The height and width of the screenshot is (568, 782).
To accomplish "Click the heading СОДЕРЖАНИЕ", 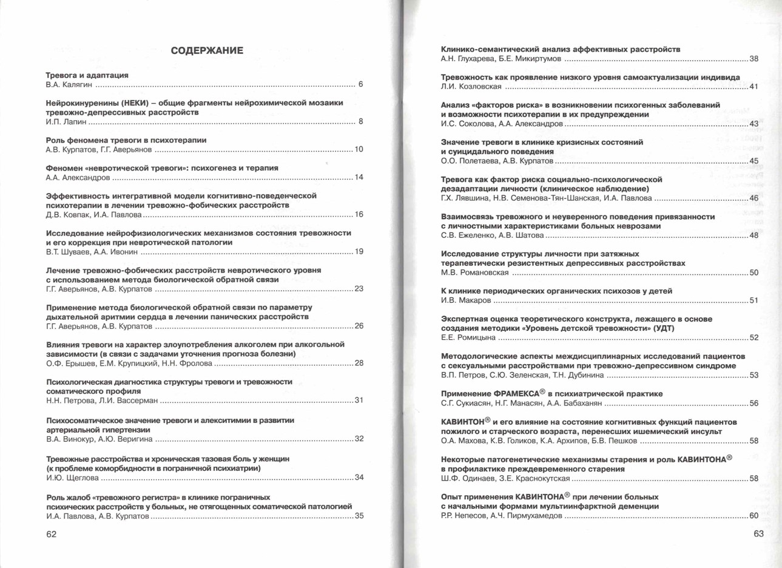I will click(x=207, y=51).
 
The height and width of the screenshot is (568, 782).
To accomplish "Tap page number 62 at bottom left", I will click(x=52, y=534).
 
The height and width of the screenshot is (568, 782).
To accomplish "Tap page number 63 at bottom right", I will click(x=758, y=534).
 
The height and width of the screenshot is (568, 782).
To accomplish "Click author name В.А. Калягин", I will click(x=69, y=85).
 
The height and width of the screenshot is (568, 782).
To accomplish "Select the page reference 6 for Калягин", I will click(x=360, y=84).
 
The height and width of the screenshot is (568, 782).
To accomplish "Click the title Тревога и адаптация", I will click(x=87, y=75).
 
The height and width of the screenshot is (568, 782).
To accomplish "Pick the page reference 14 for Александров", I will click(x=359, y=177).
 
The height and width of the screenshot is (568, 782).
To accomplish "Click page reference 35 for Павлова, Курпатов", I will click(x=359, y=516).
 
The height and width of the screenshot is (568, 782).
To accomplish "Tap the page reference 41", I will click(x=753, y=87).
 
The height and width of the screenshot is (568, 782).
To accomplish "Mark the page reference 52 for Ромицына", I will click(x=753, y=338).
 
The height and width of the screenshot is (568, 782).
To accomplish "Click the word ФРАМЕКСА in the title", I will click(x=516, y=394).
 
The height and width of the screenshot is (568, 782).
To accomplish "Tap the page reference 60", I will click(x=753, y=516).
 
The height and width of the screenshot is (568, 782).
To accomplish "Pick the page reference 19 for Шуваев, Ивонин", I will click(x=359, y=252).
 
